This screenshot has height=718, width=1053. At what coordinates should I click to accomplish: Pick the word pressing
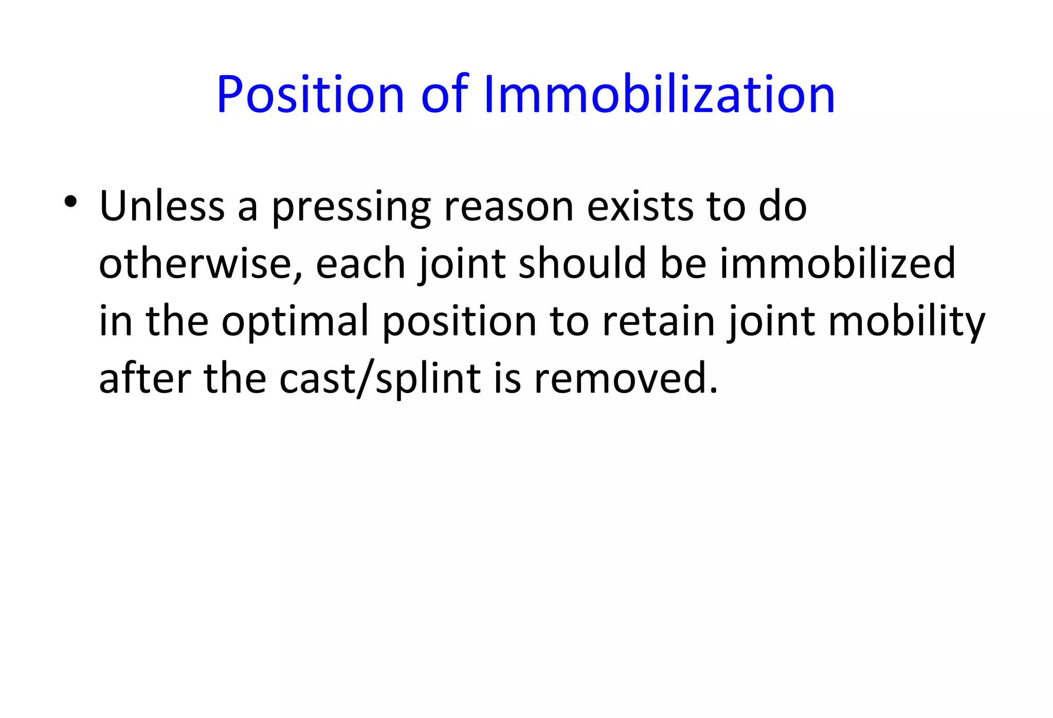pos(351,208)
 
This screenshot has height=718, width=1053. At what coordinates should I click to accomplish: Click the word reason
pos(509,207)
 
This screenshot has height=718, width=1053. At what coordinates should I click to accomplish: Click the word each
pos(360,264)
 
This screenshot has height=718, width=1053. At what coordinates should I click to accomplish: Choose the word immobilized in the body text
pos(838,264)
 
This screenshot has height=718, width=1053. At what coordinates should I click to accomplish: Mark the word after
pos(145,378)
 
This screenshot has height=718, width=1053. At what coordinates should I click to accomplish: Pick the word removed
pos(625,378)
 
